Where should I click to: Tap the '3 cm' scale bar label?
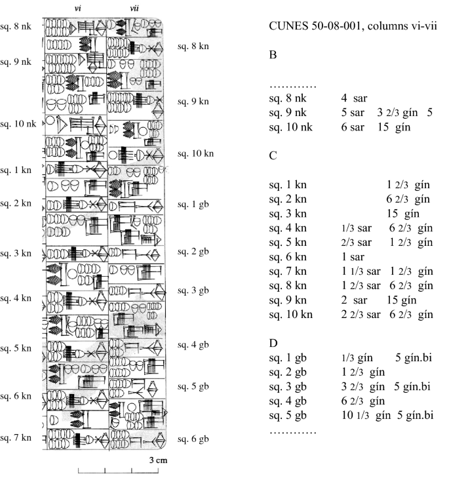coord(157,460)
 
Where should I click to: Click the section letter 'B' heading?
coord(273,56)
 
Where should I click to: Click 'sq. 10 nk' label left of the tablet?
coord(18,124)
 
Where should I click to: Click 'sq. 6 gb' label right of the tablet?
coord(193,437)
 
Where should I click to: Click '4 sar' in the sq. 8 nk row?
coord(354,98)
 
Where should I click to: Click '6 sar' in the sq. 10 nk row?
coord(353,127)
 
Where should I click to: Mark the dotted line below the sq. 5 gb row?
coord(293,433)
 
